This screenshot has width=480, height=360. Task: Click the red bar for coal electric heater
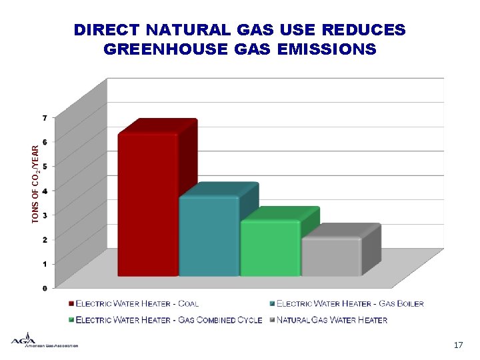147,203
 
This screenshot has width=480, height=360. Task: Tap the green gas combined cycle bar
269,247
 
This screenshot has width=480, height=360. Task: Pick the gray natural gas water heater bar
331,256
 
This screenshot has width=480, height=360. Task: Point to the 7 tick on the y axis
45,118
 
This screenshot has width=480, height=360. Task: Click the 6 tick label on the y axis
45,142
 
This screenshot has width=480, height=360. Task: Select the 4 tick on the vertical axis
45,191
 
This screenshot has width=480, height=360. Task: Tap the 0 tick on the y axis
45,288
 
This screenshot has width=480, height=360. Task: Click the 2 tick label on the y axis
45,239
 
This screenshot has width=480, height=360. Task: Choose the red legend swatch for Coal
71,303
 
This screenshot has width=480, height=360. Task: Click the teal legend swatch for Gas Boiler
272,303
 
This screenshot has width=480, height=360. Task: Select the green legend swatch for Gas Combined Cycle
71,319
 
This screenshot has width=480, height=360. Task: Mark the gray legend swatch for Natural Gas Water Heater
272,319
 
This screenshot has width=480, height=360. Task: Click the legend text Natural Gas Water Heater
332,320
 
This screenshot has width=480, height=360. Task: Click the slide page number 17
457,345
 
